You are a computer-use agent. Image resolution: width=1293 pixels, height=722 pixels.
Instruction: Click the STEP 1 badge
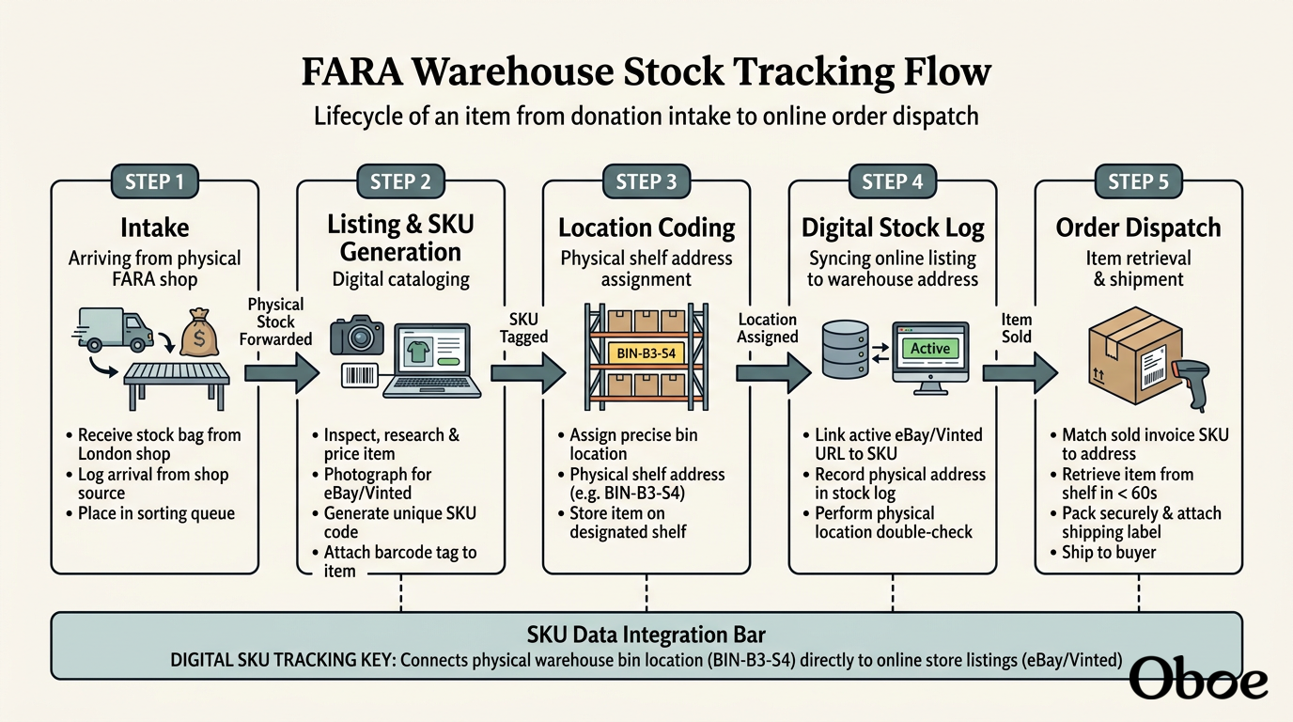pyautogui.click(x=155, y=181)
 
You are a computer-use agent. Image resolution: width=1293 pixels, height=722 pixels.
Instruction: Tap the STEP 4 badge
pyautogui.click(x=893, y=181)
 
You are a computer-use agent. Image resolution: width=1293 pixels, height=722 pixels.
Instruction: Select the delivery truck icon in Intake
pyautogui.click(x=114, y=329)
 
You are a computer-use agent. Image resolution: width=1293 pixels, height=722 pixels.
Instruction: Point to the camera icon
pyautogui.click(x=357, y=335)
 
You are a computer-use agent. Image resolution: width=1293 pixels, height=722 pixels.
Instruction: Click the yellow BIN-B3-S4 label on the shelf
pyautogui.click(x=646, y=353)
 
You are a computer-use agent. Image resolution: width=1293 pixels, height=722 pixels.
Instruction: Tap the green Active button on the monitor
pyautogui.click(x=930, y=348)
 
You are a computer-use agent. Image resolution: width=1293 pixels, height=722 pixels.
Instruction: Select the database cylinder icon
pyautogui.click(x=845, y=350)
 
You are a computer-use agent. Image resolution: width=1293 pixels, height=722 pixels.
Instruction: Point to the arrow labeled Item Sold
pyautogui.click(x=1020, y=373)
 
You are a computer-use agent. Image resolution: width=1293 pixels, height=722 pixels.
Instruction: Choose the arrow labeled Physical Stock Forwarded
pyautogui.click(x=282, y=373)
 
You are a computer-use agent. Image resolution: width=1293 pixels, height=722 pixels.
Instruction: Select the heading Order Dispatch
pyautogui.click(x=1138, y=228)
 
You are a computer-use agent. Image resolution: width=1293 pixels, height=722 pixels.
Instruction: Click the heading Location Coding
pyautogui.click(x=646, y=228)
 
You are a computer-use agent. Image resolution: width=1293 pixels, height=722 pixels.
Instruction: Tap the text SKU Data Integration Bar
pyautogui.click(x=646, y=635)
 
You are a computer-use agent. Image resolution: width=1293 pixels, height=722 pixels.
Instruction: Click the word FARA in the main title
pyautogui.click(x=351, y=71)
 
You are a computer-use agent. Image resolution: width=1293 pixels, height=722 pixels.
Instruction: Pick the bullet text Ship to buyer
pyautogui.click(x=1109, y=552)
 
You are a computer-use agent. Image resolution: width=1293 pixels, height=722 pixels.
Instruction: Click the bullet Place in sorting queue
pyautogui.click(x=156, y=513)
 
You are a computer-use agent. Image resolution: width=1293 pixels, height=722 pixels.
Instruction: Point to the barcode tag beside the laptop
pyautogui.click(x=360, y=376)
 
